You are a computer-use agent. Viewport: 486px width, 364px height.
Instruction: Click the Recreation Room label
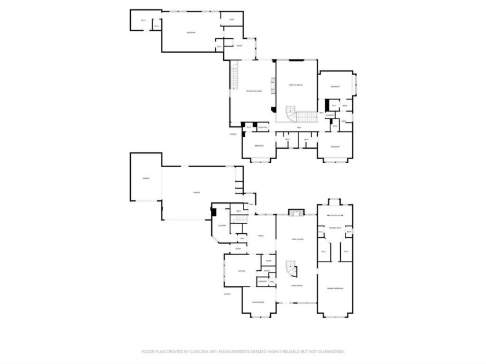[x=252, y=91]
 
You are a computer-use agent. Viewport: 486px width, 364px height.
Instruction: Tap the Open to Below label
[x=296, y=85]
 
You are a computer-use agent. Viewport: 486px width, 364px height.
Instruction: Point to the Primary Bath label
[x=335, y=228]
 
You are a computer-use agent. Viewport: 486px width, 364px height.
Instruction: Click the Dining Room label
[x=258, y=302]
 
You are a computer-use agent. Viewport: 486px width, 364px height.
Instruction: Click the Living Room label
[x=296, y=285]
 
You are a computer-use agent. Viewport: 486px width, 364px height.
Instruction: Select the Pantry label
[x=267, y=271]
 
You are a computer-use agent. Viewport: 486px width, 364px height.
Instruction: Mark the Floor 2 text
[x=233, y=134]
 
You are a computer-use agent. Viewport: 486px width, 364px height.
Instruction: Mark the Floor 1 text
[x=227, y=294]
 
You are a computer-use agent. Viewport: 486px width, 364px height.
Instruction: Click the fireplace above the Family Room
[x=296, y=212]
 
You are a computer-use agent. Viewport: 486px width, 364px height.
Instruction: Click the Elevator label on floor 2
[x=262, y=127]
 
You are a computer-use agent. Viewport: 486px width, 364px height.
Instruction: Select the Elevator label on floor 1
[x=262, y=281]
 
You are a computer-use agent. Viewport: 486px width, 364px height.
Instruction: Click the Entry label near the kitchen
[x=238, y=249]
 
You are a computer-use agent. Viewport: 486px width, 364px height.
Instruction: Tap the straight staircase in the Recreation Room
[x=234, y=75]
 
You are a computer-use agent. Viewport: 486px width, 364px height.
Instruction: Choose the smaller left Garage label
[x=146, y=178]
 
